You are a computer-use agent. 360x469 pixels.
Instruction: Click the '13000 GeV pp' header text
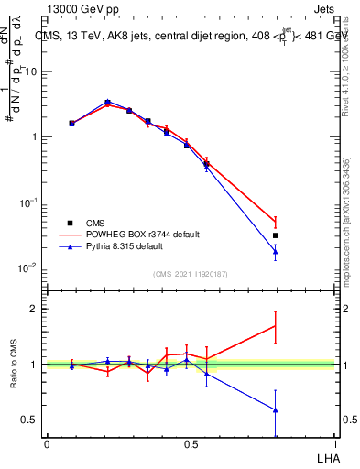point(80,7)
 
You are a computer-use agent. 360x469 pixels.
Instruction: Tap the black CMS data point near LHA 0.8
point(276,235)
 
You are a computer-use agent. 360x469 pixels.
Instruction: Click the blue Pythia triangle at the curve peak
point(107,102)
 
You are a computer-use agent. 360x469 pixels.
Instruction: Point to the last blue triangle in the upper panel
point(276,252)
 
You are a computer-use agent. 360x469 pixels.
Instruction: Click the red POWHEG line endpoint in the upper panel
point(276,221)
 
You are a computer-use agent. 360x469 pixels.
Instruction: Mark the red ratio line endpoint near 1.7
point(276,325)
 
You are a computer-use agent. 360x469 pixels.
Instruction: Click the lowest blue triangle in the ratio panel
point(276,409)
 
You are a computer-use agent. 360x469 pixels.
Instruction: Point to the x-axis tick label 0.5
point(191,443)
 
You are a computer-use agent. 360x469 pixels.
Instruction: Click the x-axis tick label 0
point(47,443)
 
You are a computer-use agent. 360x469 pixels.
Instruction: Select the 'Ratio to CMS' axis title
point(14,365)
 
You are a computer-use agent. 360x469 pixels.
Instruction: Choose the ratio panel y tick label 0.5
point(29,420)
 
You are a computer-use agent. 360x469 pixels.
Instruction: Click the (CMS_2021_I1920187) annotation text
point(191,273)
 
